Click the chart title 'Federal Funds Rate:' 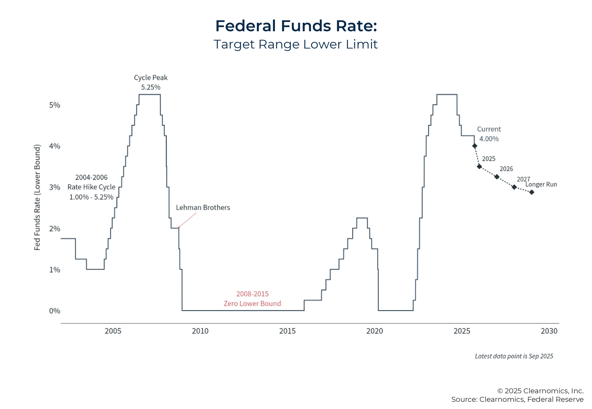pyautogui.click(x=296, y=26)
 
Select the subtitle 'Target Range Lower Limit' pyautogui.click(x=295, y=44)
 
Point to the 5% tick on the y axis pyautogui.click(x=55, y=105)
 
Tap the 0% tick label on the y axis pyautogui.click(x=55, y=311)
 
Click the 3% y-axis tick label pyautogui.click(x=55, y=187)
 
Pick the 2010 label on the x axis pyautogui.click(x=200, y=331)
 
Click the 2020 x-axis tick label pyautogui.click(x=375, y=331)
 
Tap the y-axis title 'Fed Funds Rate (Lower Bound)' pyautogui.click(x=37, y=197)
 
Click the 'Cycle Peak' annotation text pyautogui.click(x=151, y=78)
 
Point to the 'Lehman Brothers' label pyautogui.click(x=203, y=208)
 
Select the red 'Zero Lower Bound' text pyautogui.click(x=252, y=304)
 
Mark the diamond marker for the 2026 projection pyautogui.click(x=497, y=177)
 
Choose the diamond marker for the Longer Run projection pyautogui.click(x=532, y=192)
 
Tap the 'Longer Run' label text pyautogui.click(x=541, y=185)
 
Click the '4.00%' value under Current pyautogui.click(x=489, y=139)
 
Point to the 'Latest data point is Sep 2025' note pyautogui.click(x=514, y=356)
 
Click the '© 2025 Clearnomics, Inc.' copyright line pyautogui.click(x=540, y=391)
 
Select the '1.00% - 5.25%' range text pyautogui.click(x=91, y=197)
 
